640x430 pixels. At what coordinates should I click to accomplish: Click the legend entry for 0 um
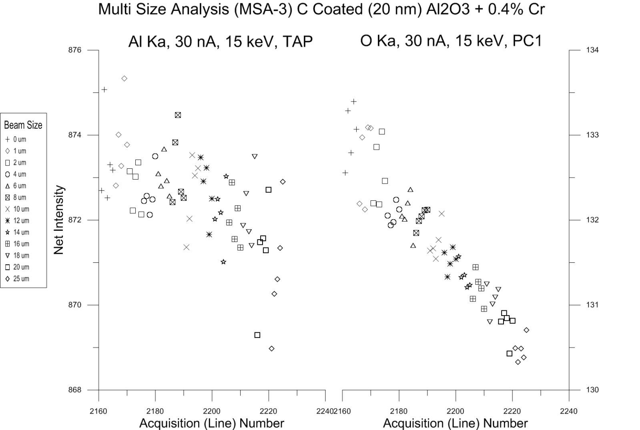pyautogui.click(x=16, y=140)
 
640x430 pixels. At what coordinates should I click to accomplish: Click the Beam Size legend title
pyautogui.click(x=23, y=125)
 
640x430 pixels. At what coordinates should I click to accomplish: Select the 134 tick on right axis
pyautogui.click(x=593, y=50)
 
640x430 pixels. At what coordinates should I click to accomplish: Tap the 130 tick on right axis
pyautogui.click(x=593, y=390)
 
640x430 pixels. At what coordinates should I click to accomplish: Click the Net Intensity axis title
pyautogui.click(x=59, y=220)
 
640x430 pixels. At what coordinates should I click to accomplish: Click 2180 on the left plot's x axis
pyautogui.click(x=155, y=411)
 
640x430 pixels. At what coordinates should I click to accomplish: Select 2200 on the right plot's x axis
pyautogui.click(x=455, y=411)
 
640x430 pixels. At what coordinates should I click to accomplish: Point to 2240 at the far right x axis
pyautogui.click(x=569, y=411)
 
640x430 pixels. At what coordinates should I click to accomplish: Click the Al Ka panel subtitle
pyautogui.click(x=220, y=42)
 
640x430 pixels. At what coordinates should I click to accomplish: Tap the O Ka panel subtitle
pyautogui.click(x=451, y=41)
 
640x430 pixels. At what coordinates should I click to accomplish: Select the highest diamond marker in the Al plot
pyautogui.click(x=124, y=78)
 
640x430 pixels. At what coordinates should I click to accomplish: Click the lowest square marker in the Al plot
pyautogui.click(x=257, y=335)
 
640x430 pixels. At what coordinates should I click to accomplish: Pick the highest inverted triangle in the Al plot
pyautogui.click(x=255, y=156)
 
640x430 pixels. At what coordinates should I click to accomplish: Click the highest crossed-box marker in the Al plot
pyautogui.click(x=178, y=115)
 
